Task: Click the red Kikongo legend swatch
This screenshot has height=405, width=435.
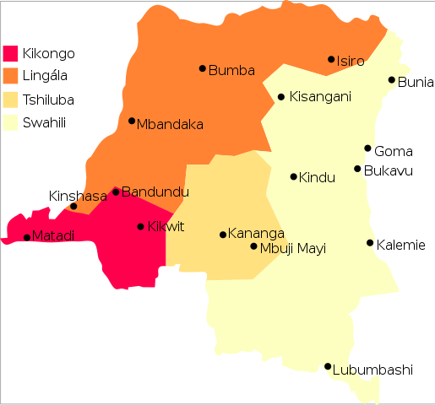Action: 11,54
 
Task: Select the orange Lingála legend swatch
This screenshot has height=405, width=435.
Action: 11,77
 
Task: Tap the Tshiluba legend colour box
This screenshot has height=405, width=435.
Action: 11,100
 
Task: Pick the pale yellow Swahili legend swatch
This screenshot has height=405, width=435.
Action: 11,122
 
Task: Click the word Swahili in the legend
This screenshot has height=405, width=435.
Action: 45,122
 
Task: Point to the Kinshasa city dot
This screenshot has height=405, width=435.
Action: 73,206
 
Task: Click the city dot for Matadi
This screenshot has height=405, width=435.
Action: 27,237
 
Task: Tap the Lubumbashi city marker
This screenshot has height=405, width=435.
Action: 328,366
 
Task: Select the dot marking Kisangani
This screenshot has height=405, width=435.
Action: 281,97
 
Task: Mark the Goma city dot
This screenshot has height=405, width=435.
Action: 367,148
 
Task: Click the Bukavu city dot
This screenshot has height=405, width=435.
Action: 357,169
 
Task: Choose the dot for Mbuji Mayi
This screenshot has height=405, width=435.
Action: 253,246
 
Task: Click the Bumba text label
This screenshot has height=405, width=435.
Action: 231,70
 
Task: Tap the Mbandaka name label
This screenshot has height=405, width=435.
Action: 171,124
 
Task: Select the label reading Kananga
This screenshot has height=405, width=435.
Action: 257,234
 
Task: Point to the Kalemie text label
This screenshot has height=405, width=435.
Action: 401,246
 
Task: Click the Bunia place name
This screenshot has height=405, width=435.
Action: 416,82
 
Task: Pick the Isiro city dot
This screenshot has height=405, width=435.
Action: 331,59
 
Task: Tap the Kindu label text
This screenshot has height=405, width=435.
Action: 318,177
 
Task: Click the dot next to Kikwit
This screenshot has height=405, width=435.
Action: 140,226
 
